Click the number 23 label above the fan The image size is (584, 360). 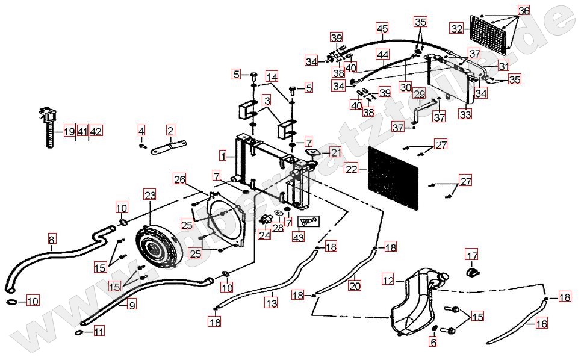(x=149, y=195)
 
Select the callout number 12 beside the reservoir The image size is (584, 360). (x=388, y=279)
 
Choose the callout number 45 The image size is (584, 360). (x=382, y=28)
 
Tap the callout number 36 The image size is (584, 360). (x=524, y=10)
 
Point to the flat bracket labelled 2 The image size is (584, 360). (x=169, y=146)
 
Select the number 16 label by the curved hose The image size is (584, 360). (x=541, y=324)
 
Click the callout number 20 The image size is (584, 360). (x=355, y=286)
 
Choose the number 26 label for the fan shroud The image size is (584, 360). (x=179, y=179)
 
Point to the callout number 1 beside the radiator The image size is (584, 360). (x=223, y=156)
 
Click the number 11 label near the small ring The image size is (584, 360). (x=99, y=331)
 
